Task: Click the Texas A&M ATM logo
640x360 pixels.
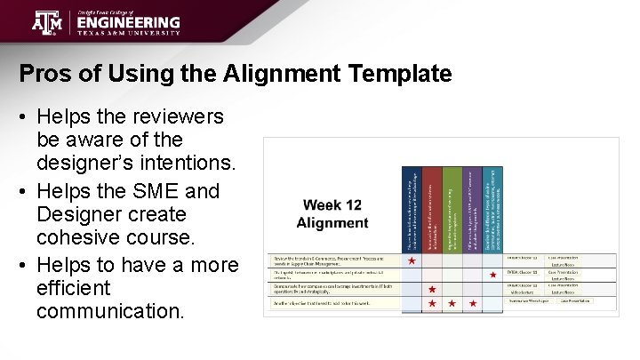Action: [48, 21]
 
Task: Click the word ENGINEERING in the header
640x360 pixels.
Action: [128, 22]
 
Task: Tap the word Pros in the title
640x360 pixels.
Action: [43, 74]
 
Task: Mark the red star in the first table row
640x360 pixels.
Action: [412, 261]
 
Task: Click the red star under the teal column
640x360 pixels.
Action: [493, 275]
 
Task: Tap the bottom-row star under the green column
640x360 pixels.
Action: [452, 304]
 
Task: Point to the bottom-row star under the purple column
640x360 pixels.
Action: [473, 304]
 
